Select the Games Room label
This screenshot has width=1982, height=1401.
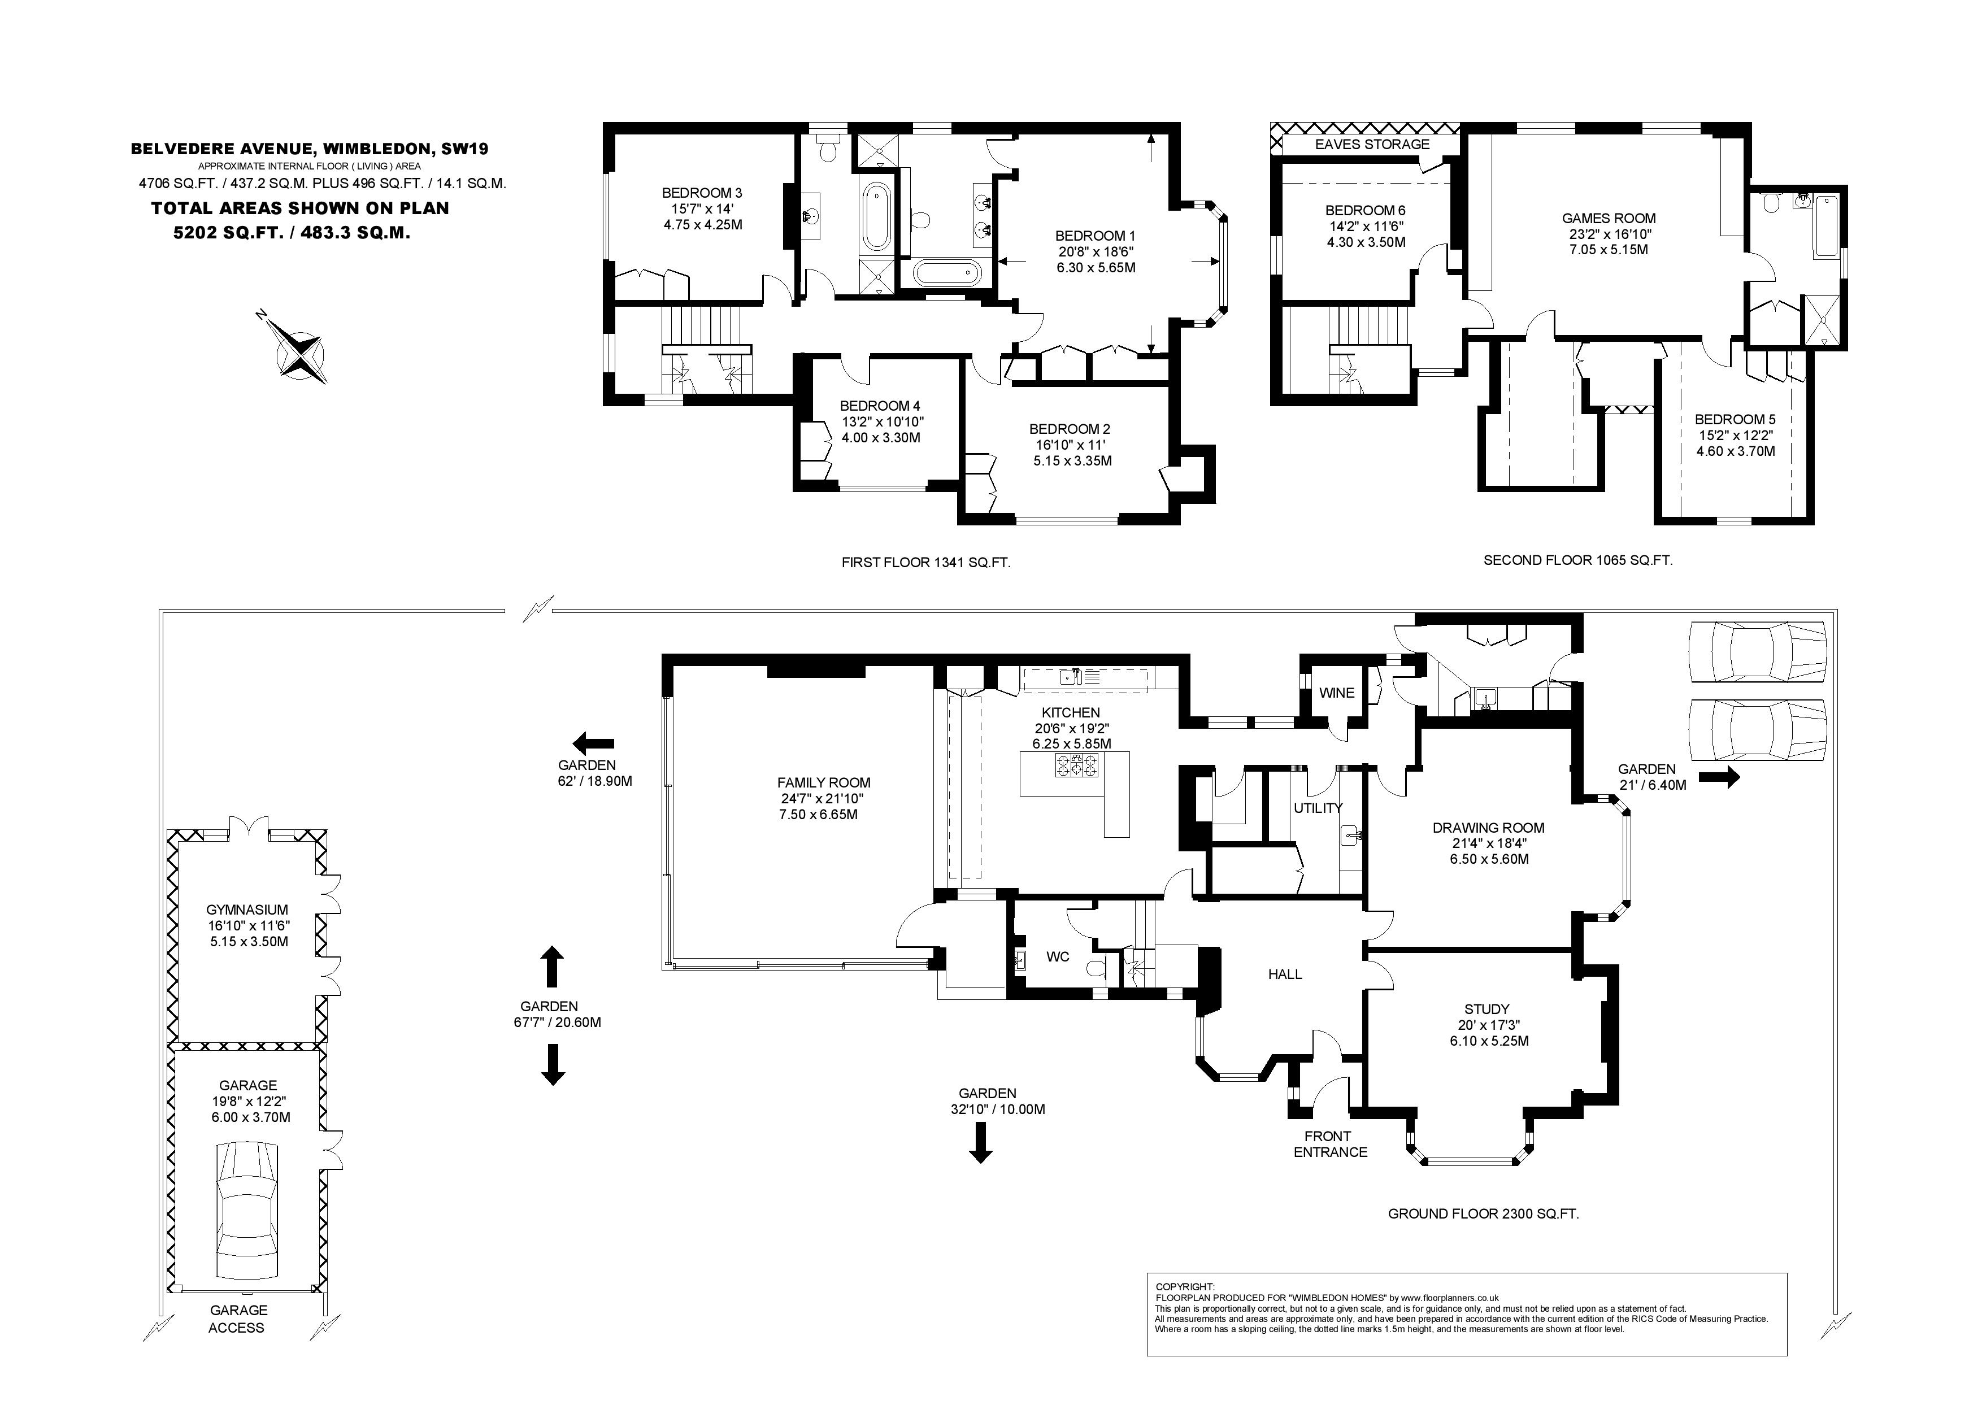click(x=1609, y=219)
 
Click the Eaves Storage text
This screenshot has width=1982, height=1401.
click(x=1372, y=144)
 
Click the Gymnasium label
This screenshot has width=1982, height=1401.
click(x=247, y=910)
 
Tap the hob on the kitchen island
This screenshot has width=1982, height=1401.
click(x=1076, y=765)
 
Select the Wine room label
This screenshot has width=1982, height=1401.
click(x=1336, y=692)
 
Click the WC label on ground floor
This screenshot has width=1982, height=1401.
click(x=1058, y=956)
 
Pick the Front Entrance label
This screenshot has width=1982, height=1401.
click(x=1330, y=1144)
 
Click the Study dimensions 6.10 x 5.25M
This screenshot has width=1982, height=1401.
click(x=1489, y=1041)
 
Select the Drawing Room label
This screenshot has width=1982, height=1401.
click(x=1488, y=828)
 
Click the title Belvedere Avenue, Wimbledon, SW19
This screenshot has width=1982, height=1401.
click(x=309, y=149)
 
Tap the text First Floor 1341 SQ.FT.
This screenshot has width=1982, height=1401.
click(x=925, y=563)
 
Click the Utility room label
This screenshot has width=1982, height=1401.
click(x=1318, y=808)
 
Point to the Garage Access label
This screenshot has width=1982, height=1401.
click(x=237, y=1319)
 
